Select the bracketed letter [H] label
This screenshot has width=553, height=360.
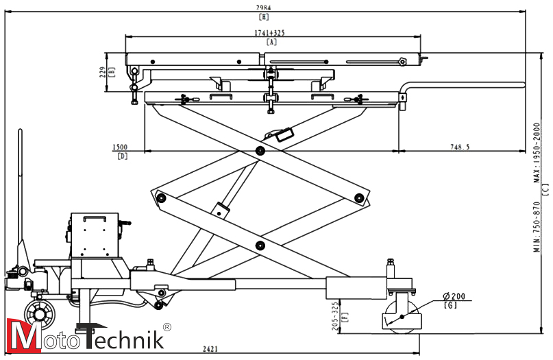264,16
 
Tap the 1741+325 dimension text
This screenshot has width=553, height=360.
272,33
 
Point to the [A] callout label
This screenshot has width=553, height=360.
272,43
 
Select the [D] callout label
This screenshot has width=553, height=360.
122,156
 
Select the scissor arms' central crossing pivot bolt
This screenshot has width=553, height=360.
260,150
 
